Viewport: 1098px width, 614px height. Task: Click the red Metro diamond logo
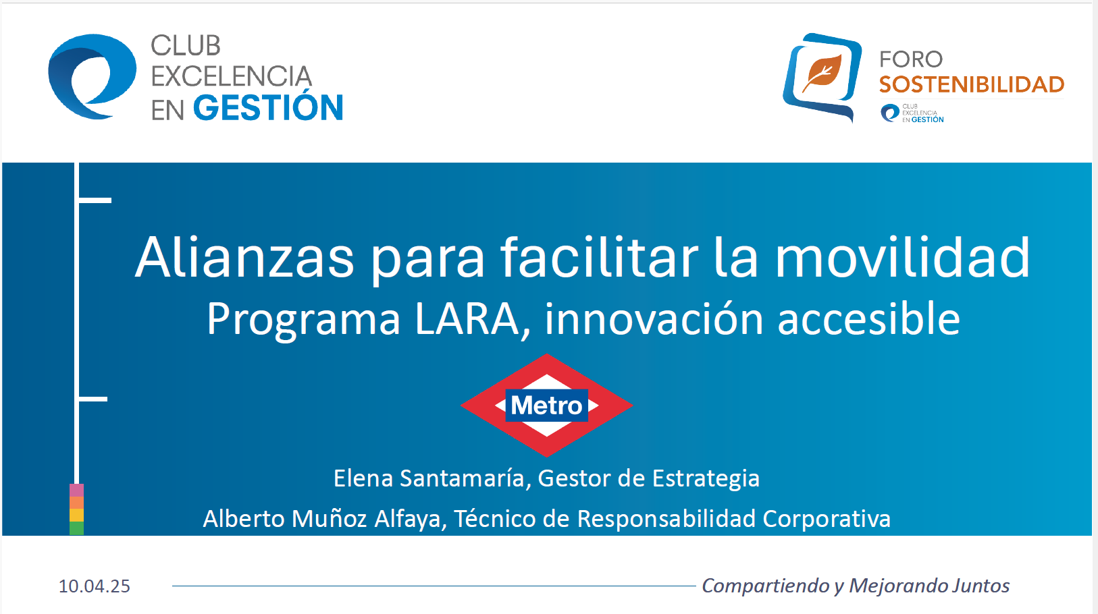[547, 405]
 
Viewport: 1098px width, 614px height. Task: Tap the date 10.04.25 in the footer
[95, 586]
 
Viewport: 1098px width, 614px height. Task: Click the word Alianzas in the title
[244, 258]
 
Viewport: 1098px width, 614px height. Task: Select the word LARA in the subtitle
[467, 318]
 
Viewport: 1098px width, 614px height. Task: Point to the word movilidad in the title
[902, 258]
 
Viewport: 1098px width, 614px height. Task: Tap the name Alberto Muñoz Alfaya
[323, 519]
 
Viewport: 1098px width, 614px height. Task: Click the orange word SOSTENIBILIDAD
[972, 84]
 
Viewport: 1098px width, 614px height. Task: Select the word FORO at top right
[910, 59]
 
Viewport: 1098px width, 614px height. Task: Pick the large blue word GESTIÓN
[268, 108]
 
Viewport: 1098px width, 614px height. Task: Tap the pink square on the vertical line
[76, 490]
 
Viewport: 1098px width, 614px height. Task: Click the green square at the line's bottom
[76, 528]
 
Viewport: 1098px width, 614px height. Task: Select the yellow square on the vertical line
[76, 515]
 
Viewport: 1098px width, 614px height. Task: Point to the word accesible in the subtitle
[868, 318]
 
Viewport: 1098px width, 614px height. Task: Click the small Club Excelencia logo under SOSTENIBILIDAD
[912, 113]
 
